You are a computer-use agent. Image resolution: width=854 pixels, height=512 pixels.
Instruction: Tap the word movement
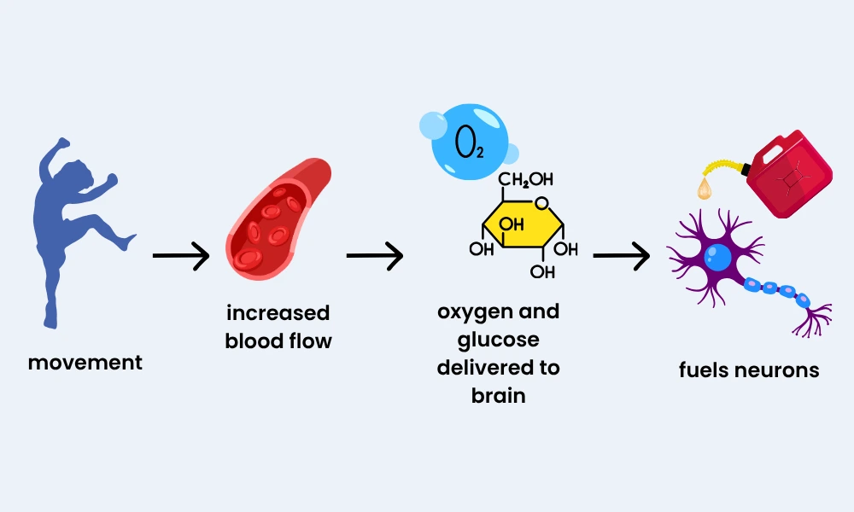(85, 362)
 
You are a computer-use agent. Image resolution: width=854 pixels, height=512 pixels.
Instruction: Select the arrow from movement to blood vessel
(180, 255)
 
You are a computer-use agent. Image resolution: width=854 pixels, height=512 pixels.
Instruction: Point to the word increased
(278, 313)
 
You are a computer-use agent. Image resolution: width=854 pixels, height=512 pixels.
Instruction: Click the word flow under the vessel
(308, 341)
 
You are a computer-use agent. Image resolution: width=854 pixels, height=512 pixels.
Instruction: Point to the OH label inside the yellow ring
(512, 225)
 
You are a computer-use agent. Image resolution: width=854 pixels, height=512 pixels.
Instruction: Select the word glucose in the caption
(499, 340)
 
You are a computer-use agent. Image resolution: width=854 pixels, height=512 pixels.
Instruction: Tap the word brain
(499, 396)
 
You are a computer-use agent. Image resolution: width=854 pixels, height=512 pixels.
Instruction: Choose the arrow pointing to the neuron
(621, 255)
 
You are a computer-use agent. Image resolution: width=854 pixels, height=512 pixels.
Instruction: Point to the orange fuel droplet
(705, 189)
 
